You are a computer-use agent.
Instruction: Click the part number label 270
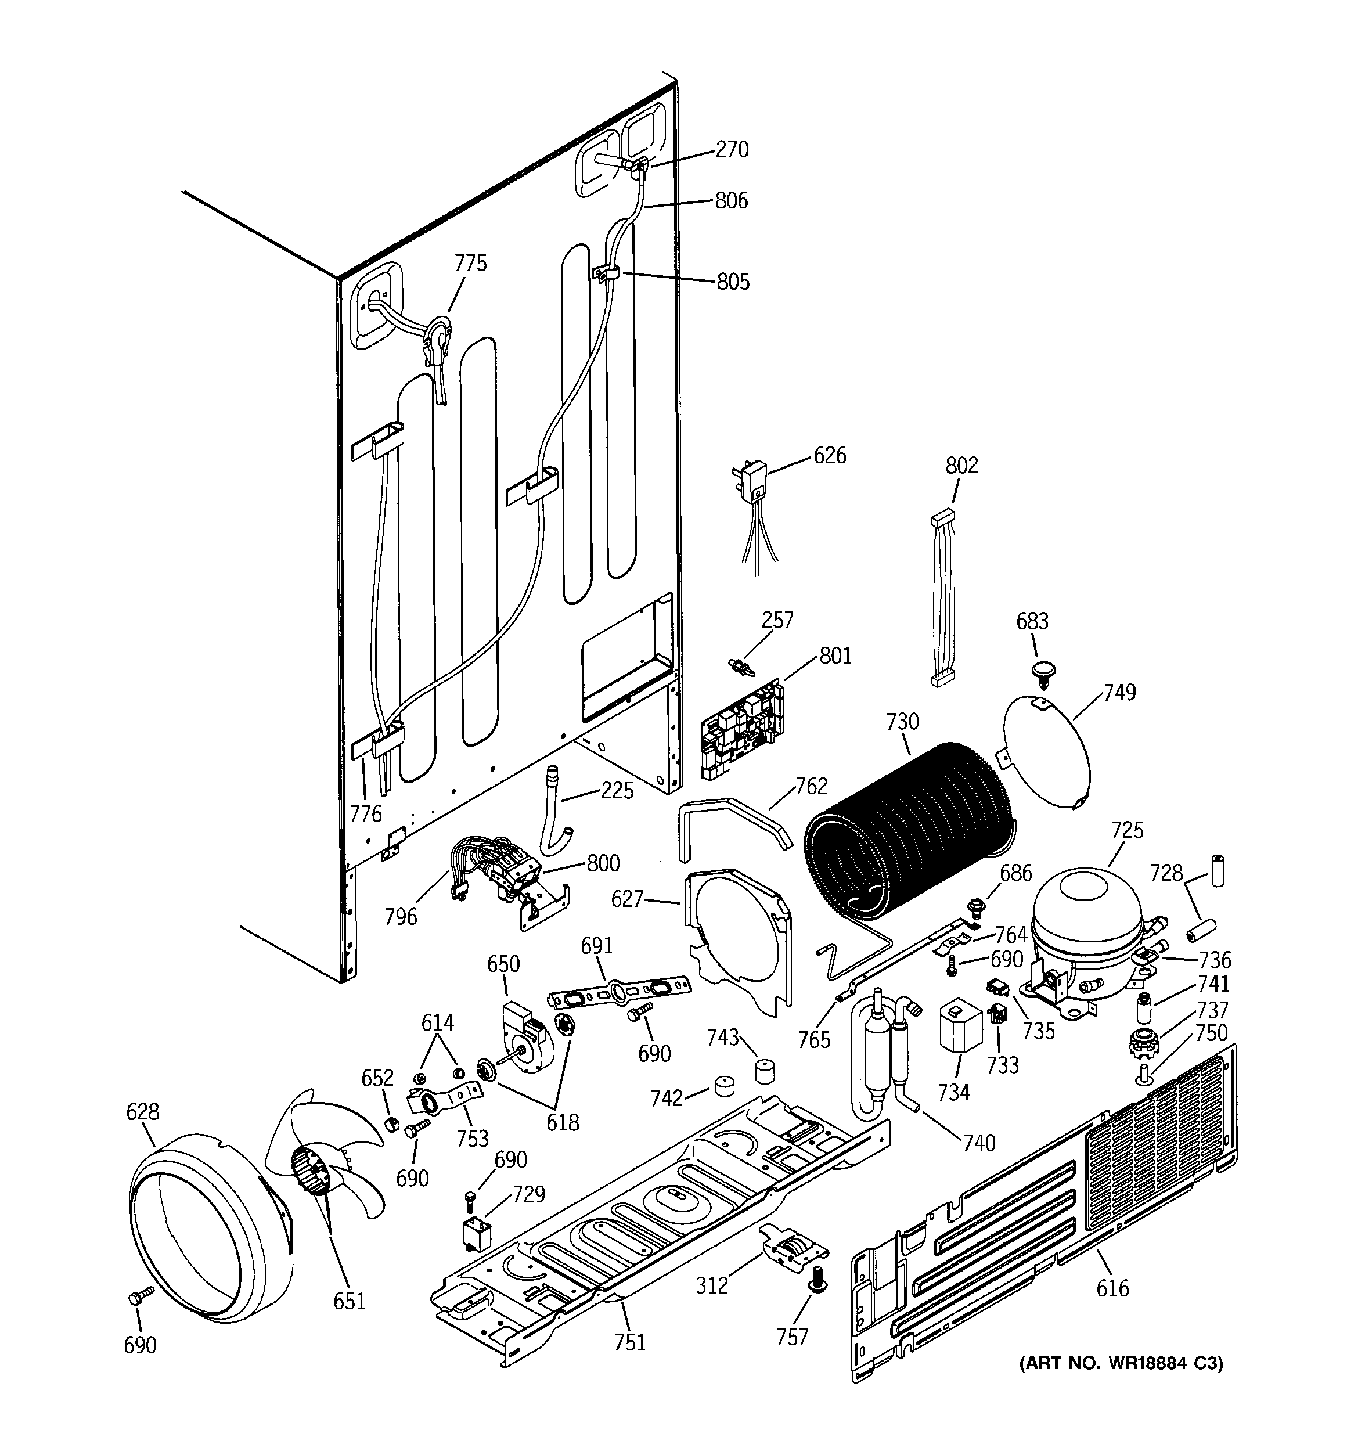(732, 150)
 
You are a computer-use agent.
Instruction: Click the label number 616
(1111, 1287)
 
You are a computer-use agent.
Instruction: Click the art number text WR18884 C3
(1121, 1363)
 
